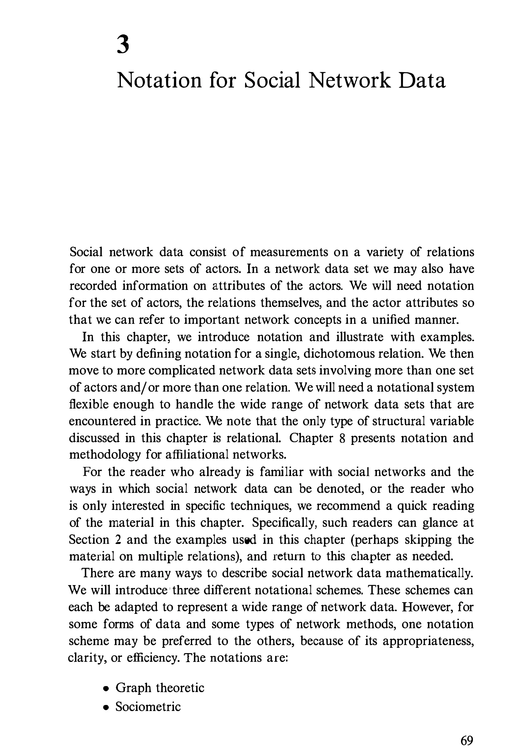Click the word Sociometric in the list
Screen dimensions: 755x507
coord(148,706)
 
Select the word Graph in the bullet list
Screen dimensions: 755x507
coord(133,688)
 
